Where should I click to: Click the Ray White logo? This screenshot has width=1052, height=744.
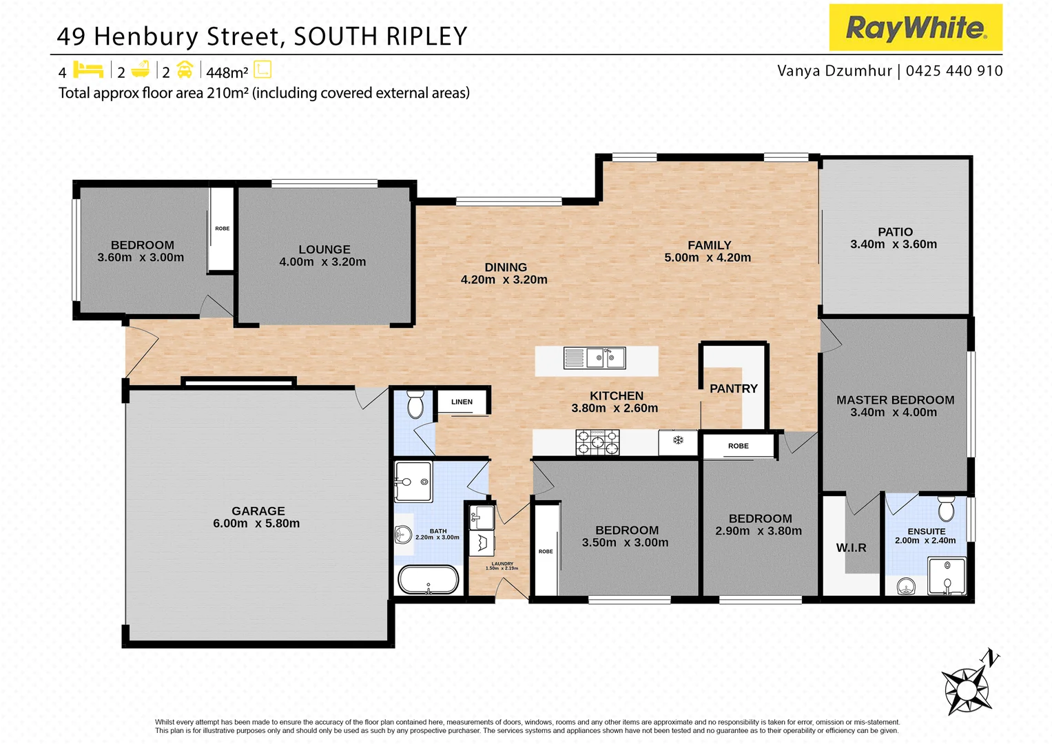click(915, 28)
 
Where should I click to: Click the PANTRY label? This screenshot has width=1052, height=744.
click(733, 389)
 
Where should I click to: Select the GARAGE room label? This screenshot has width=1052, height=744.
click(258, 511)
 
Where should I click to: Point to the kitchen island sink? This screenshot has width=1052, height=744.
click(595, 358)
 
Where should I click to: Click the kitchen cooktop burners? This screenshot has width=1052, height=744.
click(597, 442)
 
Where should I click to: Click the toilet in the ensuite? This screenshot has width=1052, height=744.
click(946, 509)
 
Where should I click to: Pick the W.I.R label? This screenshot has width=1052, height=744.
click(851, 548)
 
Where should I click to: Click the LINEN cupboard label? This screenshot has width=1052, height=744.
click(462, 402)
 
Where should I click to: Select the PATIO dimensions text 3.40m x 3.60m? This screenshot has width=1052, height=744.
click(894, 245)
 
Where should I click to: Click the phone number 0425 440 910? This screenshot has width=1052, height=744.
click(954, 71)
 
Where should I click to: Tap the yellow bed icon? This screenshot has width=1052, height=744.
click(87, 70)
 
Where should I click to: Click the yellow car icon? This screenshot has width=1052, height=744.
click(185, 70)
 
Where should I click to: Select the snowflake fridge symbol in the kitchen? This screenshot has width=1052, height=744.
click(678, 440)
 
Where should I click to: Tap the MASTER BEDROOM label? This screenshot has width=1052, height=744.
click(895, 400)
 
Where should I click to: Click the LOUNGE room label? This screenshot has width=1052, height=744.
click(324, 249)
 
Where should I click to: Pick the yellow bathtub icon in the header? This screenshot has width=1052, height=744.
click(141, 70)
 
